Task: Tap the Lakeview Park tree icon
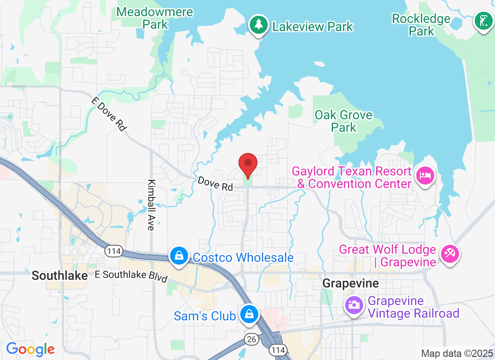[x=258, y=25]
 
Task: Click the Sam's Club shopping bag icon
[x=249, y=314]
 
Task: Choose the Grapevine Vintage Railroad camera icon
[x=354, y=305]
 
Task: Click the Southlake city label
[x=60, y=275]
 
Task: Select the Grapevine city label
[x=351, y=283]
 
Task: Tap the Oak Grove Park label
[x=344, y=121]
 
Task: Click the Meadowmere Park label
[x=155, y=18]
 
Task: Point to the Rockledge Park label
[x=421, y=25]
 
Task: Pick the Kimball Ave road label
[x=151, y=205]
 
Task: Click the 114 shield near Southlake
[x=114, y=251]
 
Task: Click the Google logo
[x=30, y=349]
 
